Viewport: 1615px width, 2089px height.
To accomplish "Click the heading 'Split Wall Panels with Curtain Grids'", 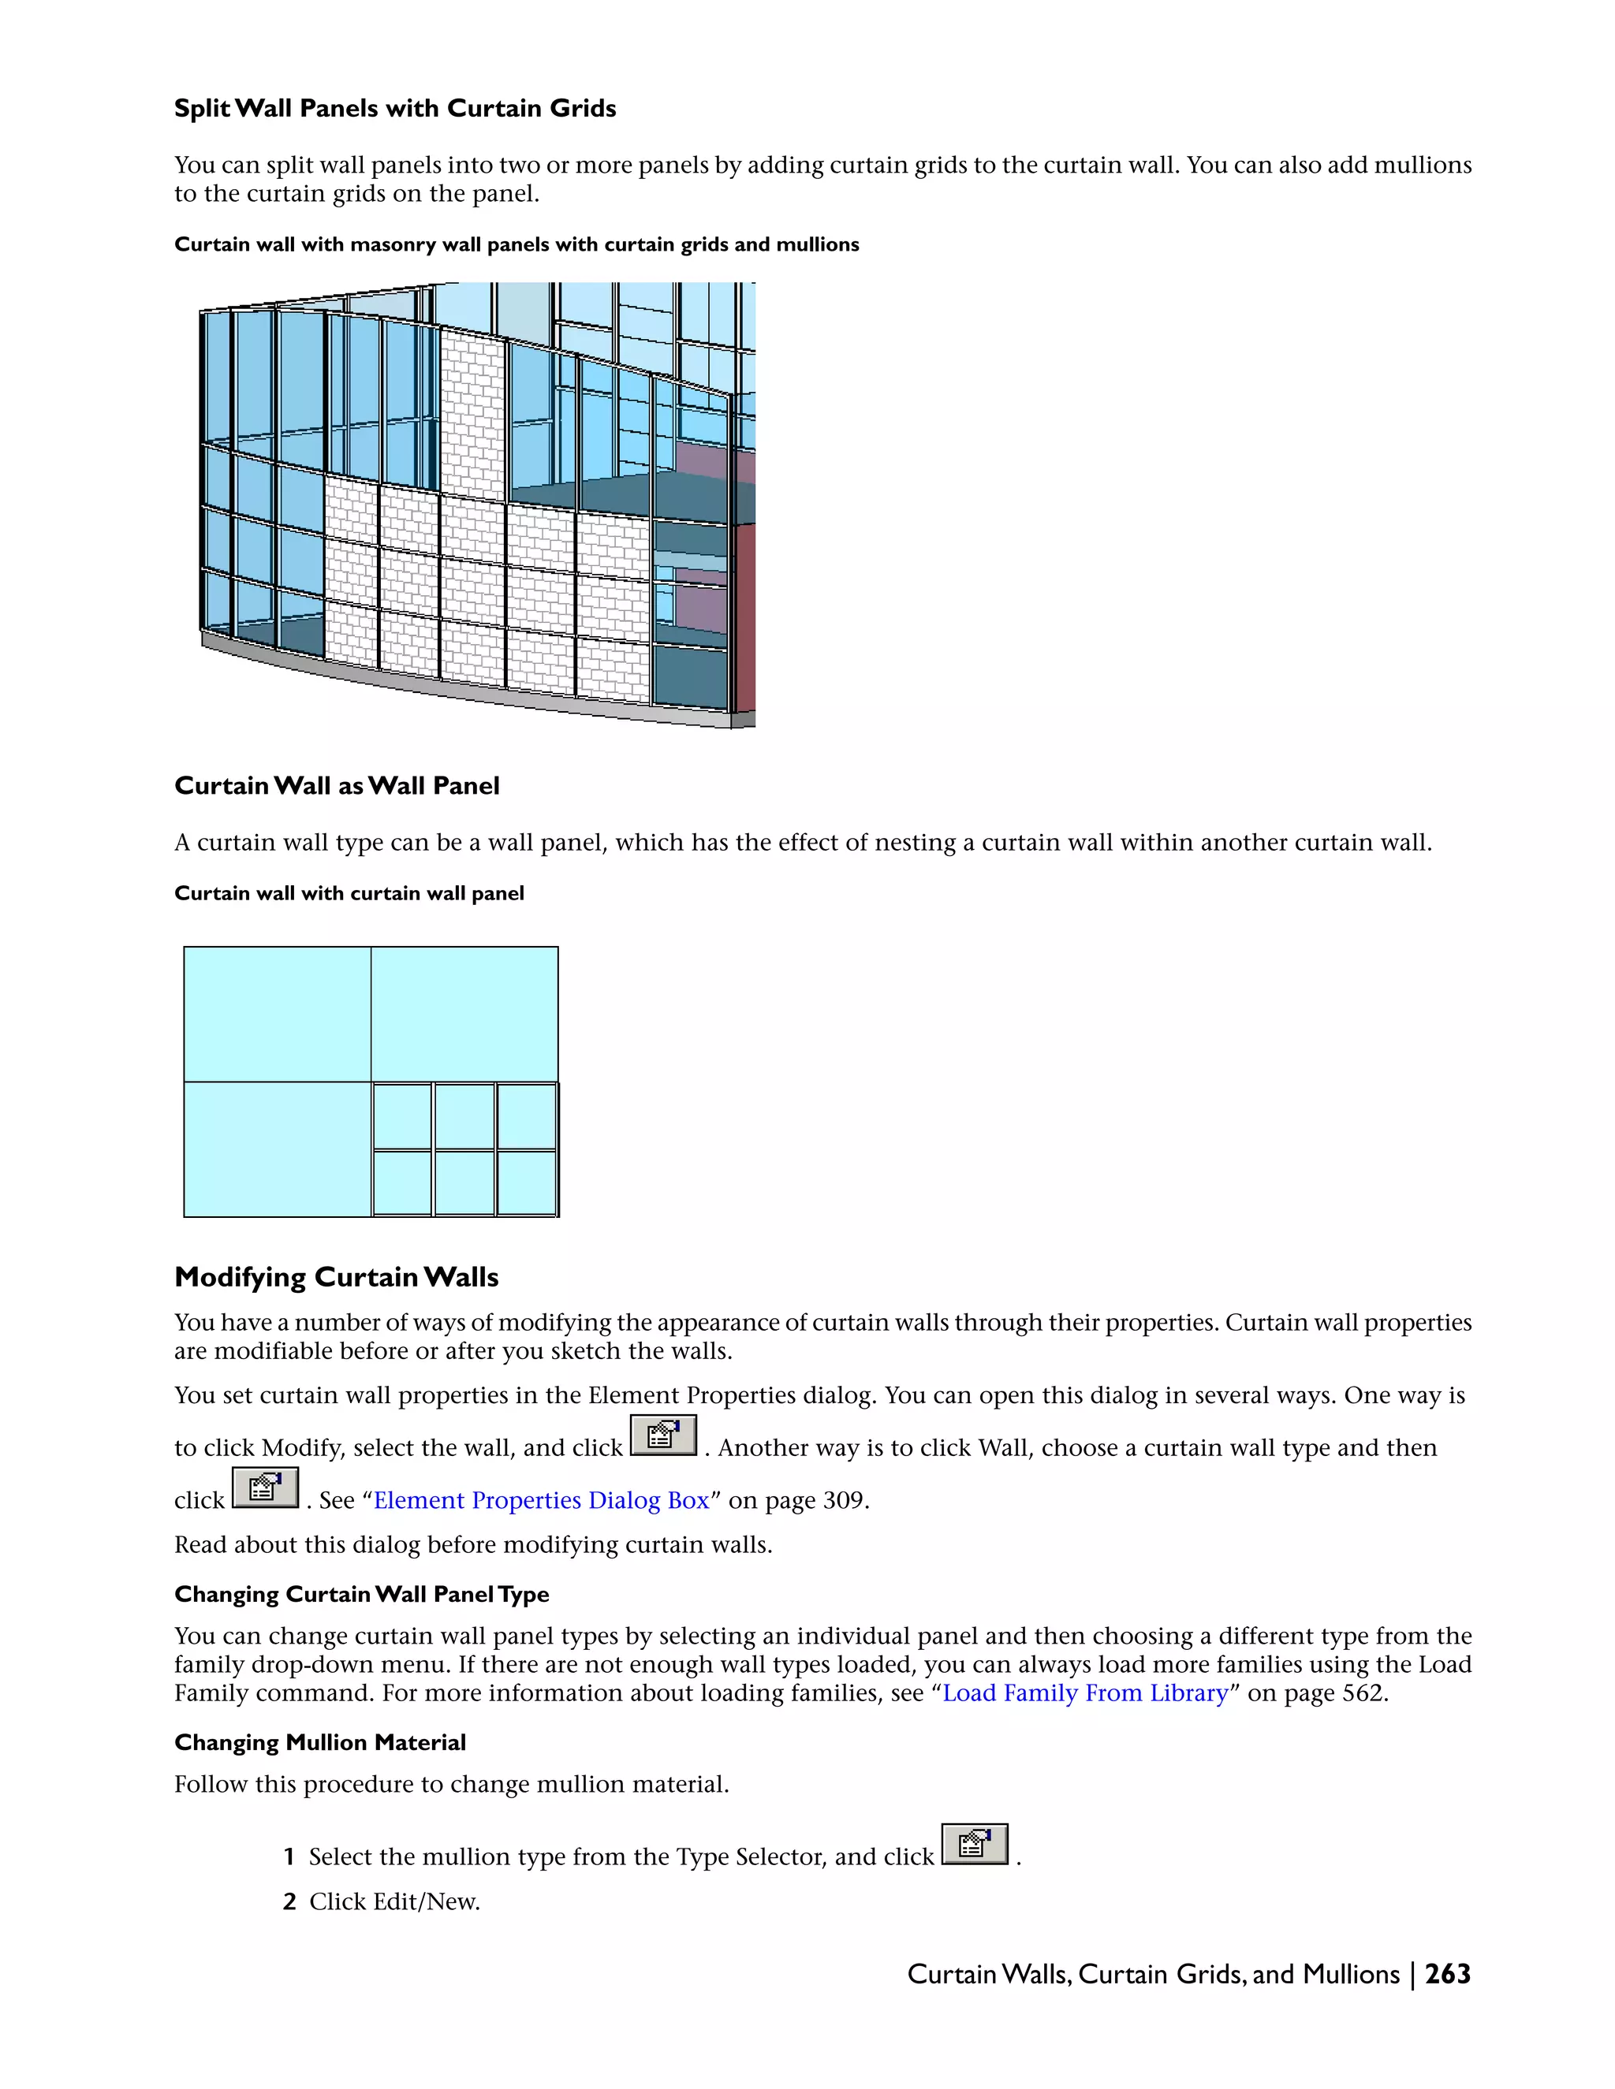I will [394, 108].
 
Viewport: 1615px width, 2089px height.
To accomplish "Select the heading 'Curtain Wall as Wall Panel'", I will [337, 785].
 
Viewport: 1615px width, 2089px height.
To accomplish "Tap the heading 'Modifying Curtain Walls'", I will [336, 1277].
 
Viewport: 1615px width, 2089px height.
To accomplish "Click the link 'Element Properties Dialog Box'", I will [542, 1500].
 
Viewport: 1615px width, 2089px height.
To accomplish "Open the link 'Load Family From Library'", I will [1085, 1693].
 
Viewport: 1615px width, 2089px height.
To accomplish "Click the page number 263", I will [1446, 1974].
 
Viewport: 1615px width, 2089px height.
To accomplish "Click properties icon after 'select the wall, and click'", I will [663, 1435].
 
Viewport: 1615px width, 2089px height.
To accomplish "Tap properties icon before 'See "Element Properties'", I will [265, 1488].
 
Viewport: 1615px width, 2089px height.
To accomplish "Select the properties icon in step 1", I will [974, 1844].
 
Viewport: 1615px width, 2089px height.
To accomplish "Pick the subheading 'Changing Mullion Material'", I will [319, 1743].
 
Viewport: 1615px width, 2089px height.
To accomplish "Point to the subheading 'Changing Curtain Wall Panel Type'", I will [362, 1595].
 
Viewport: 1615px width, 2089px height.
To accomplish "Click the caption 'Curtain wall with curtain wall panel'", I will [349, 893].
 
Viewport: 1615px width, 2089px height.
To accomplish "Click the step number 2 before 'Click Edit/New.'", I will [289, 1901].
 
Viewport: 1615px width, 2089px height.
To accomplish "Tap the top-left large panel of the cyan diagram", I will [278, 1014].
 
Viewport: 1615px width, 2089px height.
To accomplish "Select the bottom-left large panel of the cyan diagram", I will [278, 1149].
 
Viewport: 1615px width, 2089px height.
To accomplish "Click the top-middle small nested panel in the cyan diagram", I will [464, 1115].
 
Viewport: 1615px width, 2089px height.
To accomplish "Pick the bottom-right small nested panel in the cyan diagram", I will [526, 1182].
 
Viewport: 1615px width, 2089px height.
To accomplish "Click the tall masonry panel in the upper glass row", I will [472, 411].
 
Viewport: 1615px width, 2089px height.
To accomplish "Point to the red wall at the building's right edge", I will [744, 613].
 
